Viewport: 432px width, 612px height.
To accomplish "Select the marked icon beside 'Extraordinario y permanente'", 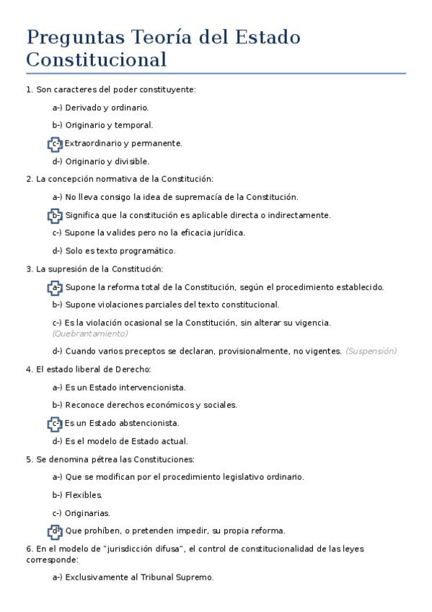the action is point(56,144).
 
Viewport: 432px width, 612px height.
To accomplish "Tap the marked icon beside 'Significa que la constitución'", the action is point(56,215).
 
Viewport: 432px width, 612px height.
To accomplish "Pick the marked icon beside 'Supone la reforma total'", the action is point(56,287).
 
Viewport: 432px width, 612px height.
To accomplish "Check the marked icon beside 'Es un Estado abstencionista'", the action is point(56,423).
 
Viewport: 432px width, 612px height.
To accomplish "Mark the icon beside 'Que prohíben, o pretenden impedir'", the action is point(56,530).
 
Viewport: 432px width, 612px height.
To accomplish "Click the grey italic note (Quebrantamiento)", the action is point(89,333).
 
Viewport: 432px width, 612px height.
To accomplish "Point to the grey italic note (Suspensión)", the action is point(371,351).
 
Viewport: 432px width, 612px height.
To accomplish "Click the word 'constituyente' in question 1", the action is point(168,89).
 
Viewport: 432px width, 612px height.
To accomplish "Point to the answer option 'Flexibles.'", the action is point(84,495).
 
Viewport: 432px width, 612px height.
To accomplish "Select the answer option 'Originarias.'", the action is point(87,513).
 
